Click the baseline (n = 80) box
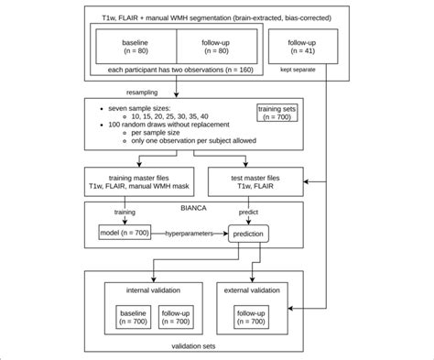pyautogui.click(x=136, y=47)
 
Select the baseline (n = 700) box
pyautogui.click(x=133, y=317)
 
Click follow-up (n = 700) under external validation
pyautogui.click(x=251, y=317)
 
